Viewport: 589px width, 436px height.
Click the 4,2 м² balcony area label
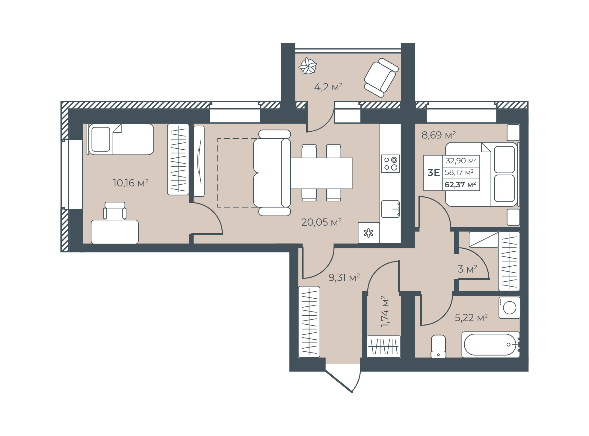point(328,87)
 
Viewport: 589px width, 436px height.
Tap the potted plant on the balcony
point(308,66)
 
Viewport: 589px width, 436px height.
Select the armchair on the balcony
point(381,78)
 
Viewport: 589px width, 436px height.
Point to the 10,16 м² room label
point(131,183)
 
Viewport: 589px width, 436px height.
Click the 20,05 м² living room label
point(321,222)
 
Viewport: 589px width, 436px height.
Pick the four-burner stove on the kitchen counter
point(390,163)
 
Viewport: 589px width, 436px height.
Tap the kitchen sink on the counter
point(391,209)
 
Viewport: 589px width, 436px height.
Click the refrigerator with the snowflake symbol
point(369,233)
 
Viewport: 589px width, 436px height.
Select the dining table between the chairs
point(321,173)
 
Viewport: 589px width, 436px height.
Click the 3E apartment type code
point(434,173)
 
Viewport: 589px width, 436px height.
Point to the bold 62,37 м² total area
point(460,185)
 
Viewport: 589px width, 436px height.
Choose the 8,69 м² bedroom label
point(439,135)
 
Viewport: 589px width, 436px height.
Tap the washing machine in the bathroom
point(509,308)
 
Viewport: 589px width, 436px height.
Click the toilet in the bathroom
point(438,347)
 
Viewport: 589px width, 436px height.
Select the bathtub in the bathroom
point(491,344)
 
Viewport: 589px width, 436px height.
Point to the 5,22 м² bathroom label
point(471,317)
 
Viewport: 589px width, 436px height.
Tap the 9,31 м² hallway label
point(344,278)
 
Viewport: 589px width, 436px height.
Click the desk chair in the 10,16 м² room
point(115,211)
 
